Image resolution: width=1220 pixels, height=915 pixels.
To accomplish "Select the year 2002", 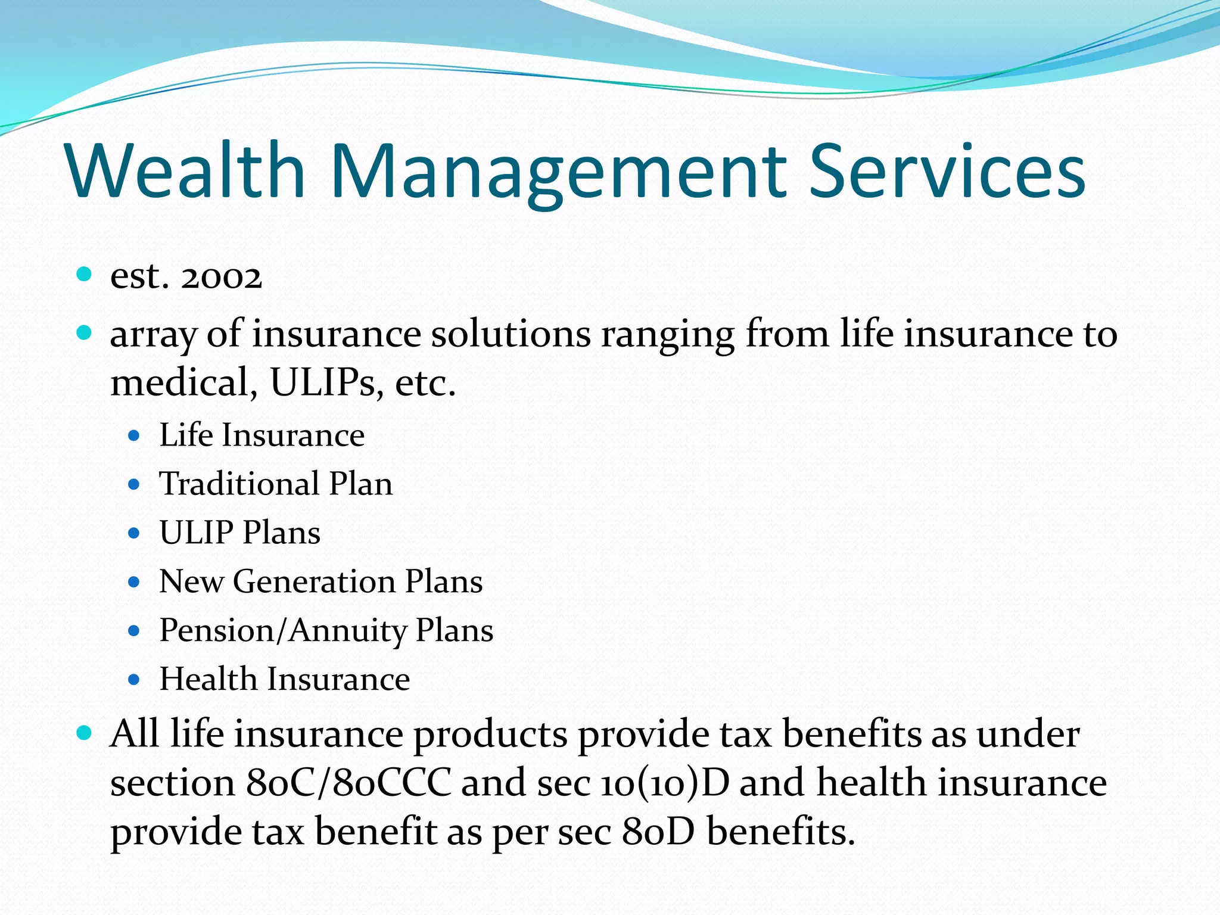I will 221,277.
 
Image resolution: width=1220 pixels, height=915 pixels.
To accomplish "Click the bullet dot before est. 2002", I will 85,274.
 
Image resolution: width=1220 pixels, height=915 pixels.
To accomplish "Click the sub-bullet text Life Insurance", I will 262,435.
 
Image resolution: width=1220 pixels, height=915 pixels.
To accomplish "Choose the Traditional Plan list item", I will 276,484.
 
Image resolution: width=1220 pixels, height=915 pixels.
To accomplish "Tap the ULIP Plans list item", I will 239,533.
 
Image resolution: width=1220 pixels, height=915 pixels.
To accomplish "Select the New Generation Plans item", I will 320,581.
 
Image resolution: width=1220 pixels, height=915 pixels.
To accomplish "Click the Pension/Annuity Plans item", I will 326,630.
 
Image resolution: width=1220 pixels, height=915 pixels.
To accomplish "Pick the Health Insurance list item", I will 284,679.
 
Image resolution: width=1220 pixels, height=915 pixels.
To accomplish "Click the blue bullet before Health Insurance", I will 134,679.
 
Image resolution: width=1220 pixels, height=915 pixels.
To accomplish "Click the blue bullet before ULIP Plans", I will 134,533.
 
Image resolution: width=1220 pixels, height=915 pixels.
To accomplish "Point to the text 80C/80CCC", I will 348,783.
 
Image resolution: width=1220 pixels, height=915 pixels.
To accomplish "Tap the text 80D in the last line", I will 658,832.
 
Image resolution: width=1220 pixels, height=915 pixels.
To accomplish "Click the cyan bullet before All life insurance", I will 85,732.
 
